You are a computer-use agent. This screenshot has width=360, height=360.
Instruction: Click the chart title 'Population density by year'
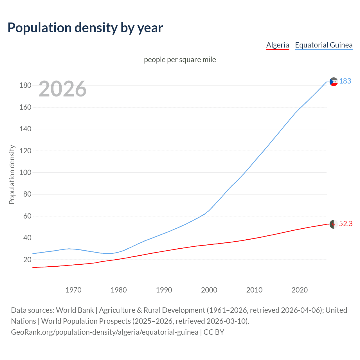(85, 28)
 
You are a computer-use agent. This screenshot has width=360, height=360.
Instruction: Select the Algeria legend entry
(278, 45)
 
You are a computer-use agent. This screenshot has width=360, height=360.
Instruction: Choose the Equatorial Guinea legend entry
(323, 45)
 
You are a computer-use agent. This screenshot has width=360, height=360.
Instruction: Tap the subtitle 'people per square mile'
(180, 60)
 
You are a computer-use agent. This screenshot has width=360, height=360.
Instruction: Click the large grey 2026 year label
(62, 89)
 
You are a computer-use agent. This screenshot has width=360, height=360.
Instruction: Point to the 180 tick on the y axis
(25, 85)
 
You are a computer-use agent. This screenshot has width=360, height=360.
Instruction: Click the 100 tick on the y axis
(25, 172)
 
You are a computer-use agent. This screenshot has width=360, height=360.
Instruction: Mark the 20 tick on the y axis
(27, 260)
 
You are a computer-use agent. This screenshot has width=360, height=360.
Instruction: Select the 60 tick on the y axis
(27, 216)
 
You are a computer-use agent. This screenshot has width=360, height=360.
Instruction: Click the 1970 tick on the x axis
(73, 290)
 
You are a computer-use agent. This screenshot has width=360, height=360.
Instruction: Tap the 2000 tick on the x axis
(209, 290)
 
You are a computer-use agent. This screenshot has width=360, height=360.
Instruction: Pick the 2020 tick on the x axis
(300, 290)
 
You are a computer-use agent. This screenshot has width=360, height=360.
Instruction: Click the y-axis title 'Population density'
(12, 174)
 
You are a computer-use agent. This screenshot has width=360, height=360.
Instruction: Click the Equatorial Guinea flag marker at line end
(334, 82)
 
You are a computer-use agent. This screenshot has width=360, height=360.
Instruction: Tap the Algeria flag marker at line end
(334, 224)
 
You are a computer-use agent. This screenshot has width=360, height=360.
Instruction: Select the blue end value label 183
(345, 81)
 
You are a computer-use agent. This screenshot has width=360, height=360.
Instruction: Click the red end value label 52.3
(346, 224)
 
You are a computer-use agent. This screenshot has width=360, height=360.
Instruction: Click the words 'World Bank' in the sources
(75, 310)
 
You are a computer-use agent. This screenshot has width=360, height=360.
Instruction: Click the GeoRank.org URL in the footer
(105, 332)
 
